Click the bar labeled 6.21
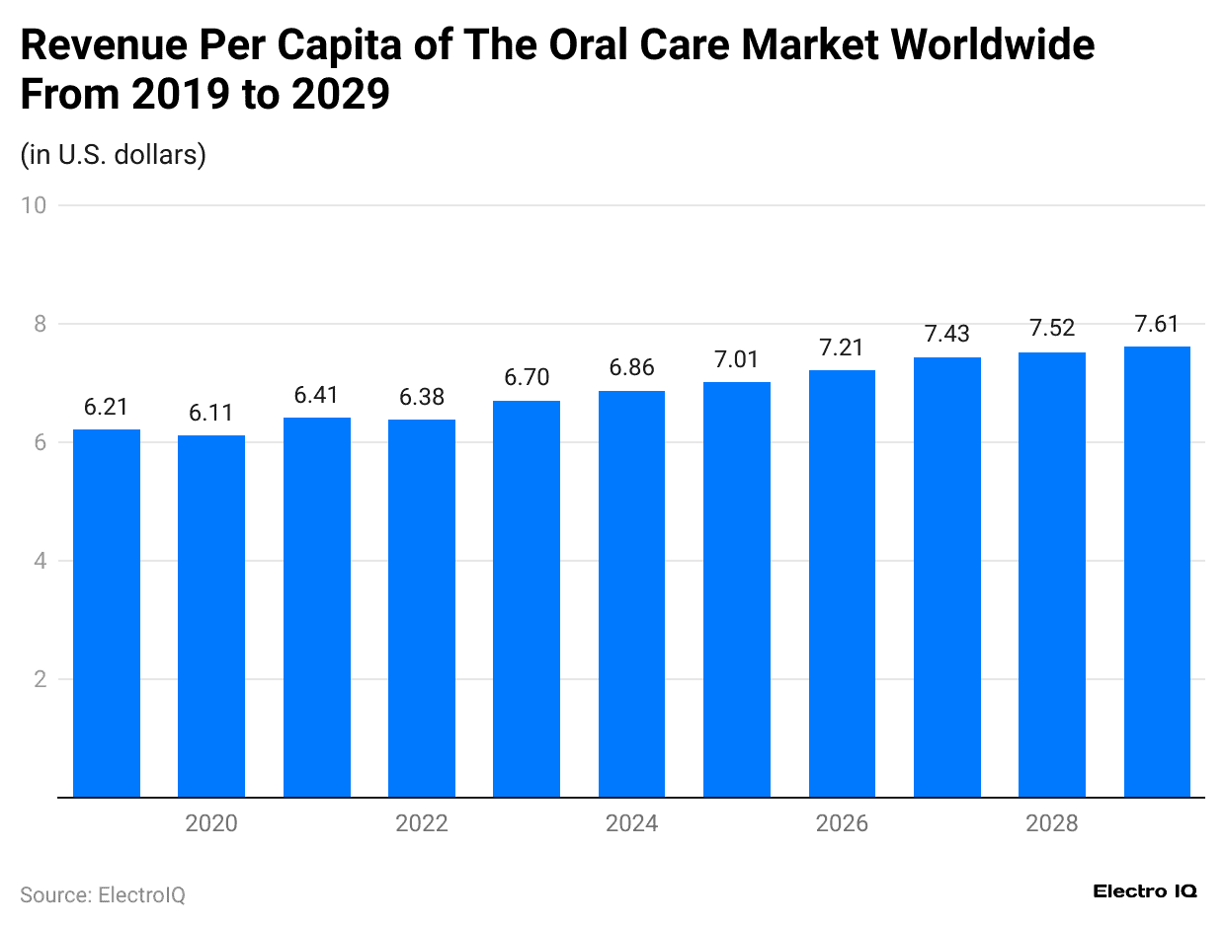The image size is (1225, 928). (107, 613)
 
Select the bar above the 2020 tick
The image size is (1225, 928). (211, 616)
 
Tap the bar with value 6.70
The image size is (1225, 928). (527, 598)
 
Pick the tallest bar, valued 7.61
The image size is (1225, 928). (1157, 572)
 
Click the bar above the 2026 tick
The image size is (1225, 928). (842, 583)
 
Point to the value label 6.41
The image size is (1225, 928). (316, 395)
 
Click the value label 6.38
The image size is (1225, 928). (422, 397)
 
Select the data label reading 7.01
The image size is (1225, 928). (737, 359)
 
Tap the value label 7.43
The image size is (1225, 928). (946, 335)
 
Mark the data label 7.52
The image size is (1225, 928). (1052, 329)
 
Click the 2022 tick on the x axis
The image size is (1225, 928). (422, 823)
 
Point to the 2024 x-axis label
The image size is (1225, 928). (631, 823)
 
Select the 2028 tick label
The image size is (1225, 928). (1052, 823)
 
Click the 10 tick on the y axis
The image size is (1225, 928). (36, 205)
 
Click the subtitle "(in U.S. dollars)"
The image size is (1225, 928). (113, 155)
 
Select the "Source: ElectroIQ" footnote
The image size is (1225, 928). (103, 894)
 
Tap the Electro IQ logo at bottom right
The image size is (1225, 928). (1145, 891)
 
